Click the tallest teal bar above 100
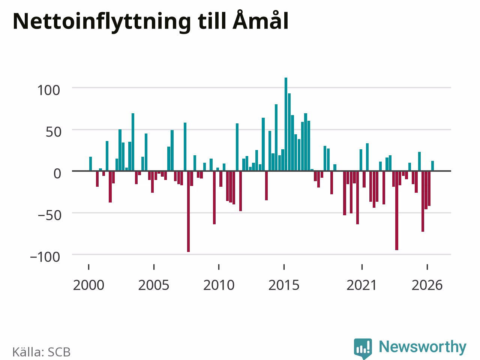click(286, 124)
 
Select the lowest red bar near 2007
click(189, 211)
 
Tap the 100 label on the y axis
click(48, 90)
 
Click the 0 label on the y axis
click(57, 174)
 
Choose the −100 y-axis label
click(45, 257)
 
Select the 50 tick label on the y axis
click(53, 132)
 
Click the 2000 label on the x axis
click(88, 285)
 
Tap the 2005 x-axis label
click(154, 285)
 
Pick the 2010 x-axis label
click(219, 285)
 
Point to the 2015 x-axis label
click(284, 285)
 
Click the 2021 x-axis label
click(362, 285)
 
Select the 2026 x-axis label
click(427, 285)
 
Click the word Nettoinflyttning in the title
click(102, 22)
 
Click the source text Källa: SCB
click(41, 352)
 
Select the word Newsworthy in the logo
click(423, 346)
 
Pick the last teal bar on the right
click(432, 166)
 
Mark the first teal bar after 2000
click(90, 164)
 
